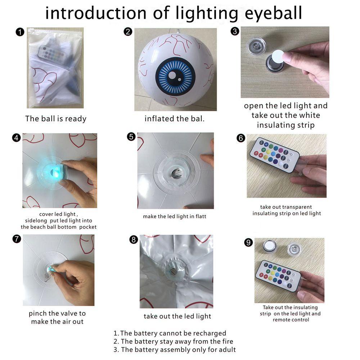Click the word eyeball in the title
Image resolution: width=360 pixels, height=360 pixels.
273,13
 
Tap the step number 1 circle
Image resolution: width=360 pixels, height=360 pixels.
20,32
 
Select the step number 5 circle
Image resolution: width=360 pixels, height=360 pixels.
131,136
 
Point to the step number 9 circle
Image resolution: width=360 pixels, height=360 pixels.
248,242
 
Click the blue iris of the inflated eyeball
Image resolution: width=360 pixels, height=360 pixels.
175,76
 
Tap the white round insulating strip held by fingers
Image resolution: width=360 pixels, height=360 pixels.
278,56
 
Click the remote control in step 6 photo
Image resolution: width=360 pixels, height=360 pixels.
275,154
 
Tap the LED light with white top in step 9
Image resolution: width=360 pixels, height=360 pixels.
269,246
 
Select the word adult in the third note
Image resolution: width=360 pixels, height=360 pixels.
227,350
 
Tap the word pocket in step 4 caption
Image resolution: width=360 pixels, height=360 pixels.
88,227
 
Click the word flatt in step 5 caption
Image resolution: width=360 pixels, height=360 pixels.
201,216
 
